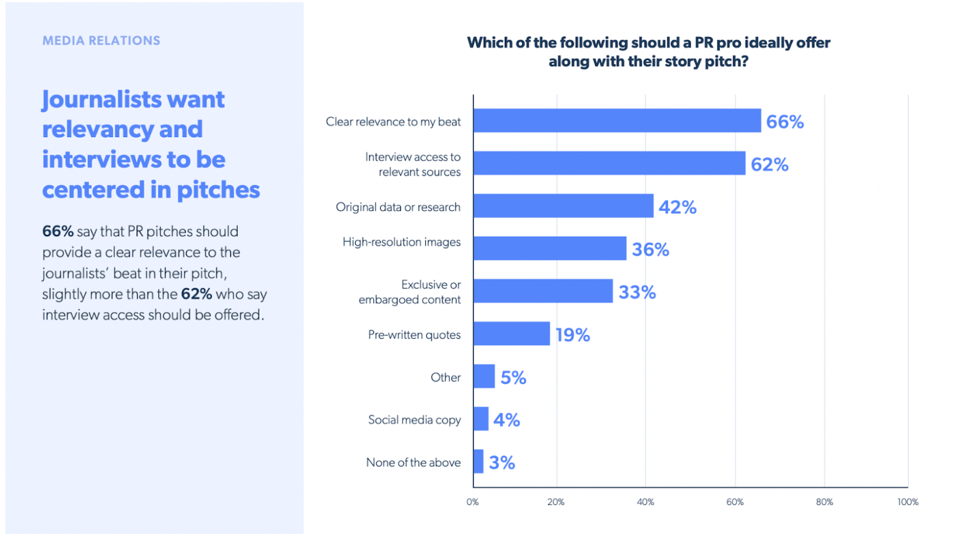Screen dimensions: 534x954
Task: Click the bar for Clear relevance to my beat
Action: pos(617,121)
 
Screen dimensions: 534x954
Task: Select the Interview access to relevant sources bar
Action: pos(609,163)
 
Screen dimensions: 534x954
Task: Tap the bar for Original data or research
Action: pos(563,206)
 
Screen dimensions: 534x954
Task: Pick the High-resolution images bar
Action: pos(549,248)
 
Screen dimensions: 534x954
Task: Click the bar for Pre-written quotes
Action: pos(511,334)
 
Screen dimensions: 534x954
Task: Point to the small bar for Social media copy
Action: pos(481,419)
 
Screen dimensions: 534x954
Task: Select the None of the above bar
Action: pos(478,462)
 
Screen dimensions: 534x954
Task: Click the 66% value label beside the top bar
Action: pos(785,122)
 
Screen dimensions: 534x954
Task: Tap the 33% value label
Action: pos(637,292)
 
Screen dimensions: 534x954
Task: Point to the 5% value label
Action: pos(513,378)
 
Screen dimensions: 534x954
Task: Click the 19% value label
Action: pos(572,335)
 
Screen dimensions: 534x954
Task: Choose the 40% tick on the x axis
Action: pos(645,502)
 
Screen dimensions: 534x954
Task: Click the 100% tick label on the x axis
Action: pos(908,502)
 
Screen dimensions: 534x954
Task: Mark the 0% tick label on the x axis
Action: pos(473,502)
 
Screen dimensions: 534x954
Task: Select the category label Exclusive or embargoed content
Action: pos(410,292)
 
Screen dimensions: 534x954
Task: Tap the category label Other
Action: pos(445,377)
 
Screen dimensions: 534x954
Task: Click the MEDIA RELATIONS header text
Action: pos(101,41)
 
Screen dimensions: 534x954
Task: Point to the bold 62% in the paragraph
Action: pos(196,294)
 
